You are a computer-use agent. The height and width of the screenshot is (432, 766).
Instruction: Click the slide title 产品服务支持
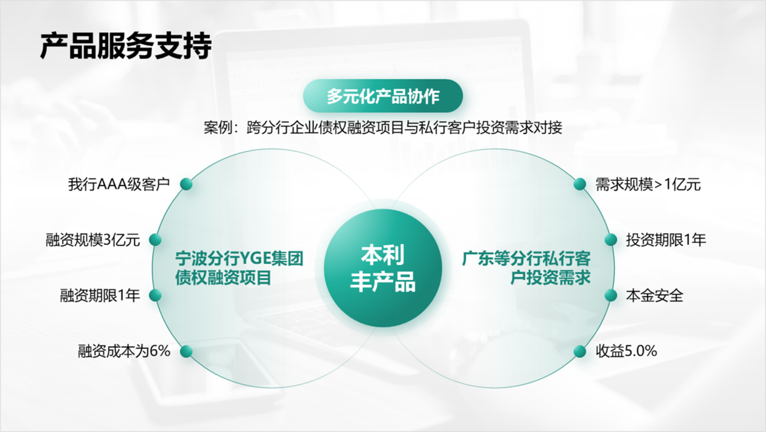tap(126, 46)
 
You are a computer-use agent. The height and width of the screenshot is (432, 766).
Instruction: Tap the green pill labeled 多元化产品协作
tap(383, 96)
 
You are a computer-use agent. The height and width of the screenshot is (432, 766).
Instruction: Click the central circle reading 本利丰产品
tap(383, 268)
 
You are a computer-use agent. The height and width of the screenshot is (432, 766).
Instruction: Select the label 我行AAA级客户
tap(119, 184)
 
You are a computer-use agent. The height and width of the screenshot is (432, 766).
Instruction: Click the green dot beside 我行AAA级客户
tap(187, 184)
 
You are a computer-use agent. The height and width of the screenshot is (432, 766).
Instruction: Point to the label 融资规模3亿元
tap(93, 240)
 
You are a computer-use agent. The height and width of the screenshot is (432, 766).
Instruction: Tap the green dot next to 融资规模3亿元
tap(155, 240)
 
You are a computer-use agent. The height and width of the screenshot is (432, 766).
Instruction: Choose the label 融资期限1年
tap(100, 295)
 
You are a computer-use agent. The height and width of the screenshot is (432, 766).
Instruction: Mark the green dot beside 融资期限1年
tap(155, 295)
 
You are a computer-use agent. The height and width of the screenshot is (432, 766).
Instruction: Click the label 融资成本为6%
tap(124, 351)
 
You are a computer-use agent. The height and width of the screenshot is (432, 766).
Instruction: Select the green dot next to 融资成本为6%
tap(187, 351)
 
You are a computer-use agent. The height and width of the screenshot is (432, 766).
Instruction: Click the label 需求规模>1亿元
tap(648, 185)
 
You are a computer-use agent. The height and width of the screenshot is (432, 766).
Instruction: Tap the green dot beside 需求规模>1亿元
tap(579, 184)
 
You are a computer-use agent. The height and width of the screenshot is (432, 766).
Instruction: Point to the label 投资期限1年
tap(666, 240)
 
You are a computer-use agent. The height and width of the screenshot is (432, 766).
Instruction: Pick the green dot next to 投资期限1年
tap(611, 240)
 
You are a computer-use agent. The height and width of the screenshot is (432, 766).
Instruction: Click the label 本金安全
tap(655, 296)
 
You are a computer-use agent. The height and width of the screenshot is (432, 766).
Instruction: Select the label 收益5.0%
tap(626, 351)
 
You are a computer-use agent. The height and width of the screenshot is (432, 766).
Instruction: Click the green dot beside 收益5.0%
tap(579, 351)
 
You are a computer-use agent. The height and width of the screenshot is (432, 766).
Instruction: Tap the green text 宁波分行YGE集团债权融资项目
tap(239, 268)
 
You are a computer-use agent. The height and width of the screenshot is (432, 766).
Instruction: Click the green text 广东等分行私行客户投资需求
tap(526, 268)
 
